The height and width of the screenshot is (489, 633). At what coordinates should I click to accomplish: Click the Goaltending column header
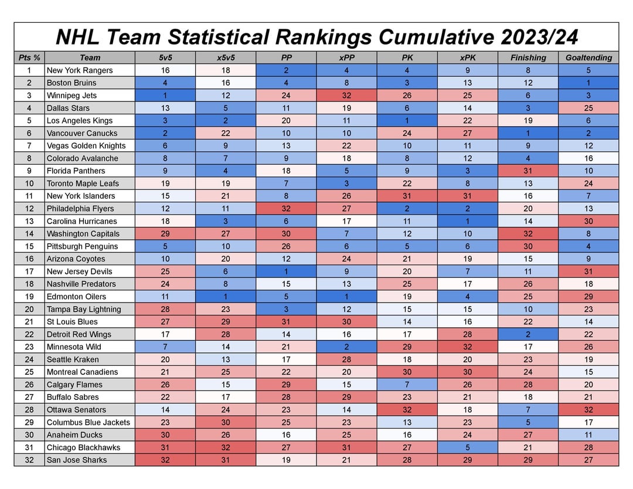[588, 57]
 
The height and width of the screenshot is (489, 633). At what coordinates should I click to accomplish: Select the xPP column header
[346, 57]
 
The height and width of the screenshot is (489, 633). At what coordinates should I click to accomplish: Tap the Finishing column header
[528, 57]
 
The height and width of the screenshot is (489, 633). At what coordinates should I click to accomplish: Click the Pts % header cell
[29, 57]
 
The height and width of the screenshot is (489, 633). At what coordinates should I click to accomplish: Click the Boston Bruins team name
[72, 83]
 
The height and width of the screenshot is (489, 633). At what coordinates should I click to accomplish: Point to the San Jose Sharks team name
[77, 460]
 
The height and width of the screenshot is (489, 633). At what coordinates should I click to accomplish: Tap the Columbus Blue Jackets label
[89, 422]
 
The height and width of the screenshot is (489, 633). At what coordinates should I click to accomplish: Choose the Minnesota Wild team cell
[73, 347]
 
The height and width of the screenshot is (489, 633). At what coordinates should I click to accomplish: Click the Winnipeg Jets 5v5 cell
[165, 96]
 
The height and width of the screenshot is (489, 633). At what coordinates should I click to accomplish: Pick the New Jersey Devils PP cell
[286, 271]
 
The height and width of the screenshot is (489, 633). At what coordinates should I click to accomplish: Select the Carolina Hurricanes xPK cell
[467, 221]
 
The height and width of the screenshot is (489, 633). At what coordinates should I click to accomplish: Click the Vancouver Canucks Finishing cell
[528, 133]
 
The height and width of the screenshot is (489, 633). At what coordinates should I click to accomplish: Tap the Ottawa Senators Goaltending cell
[588, 410]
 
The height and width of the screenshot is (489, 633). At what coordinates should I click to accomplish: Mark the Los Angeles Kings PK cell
[407, 121]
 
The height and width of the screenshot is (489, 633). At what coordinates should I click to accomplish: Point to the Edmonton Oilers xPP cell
[346, 297]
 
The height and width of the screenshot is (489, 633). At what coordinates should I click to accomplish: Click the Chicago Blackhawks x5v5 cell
[226, 447]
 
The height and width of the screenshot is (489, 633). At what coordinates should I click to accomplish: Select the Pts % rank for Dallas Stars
[29, 108]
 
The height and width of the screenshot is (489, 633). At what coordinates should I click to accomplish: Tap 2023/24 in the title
[539, 37]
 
